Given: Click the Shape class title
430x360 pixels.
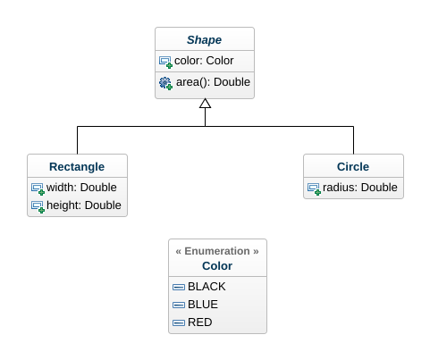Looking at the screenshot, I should click(204, 40).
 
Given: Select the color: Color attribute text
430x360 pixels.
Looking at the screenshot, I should click(204, 61).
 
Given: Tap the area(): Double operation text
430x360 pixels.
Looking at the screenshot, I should click(213, 82).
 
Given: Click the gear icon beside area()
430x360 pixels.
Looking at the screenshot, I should click(165, 83).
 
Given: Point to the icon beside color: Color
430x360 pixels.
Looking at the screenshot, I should click(165, 62).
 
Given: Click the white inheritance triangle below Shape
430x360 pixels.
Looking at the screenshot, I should click(205, 104).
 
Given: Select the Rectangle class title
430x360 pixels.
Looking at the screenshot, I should click(77, 167).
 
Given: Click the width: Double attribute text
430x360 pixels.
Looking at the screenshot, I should click(81, 188).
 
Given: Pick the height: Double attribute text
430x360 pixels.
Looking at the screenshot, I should click(83, 205).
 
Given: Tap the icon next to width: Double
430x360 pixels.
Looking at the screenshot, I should click(38, 188).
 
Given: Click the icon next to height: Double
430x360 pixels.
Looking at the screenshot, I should click(38, 206).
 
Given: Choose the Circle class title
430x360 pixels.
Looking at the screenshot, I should click(353, 167).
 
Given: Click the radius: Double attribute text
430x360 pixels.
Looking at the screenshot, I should click(359, 188).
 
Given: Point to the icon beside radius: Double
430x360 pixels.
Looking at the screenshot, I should click(314, 188).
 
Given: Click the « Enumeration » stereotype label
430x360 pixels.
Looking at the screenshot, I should click(217, 252).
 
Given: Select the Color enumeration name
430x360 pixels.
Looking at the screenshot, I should click(217, 266).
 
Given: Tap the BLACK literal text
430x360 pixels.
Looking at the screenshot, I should click(207, 287).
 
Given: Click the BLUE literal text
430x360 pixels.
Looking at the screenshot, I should click(203, 304).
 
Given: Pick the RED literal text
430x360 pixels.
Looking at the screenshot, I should click(200, 322).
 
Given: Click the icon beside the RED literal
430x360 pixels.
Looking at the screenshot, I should click(178, 322).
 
